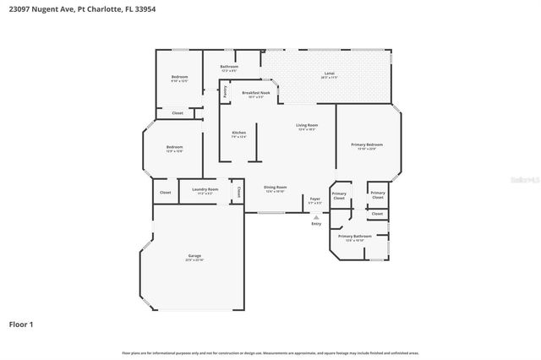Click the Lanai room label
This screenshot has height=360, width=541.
tap(328, 74)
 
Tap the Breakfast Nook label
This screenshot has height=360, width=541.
tap(255, 93)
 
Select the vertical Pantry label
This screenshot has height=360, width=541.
tap(225, 95)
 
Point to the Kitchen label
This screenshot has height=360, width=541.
tap(239, 133)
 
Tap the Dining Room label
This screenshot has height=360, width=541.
tap(276, 188)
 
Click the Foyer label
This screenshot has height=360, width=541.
tap(314, 199)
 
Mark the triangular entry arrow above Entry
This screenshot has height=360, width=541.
tap(316, 217)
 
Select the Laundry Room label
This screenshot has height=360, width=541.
tap(205, 190)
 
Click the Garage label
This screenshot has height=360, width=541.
tap(194, 255)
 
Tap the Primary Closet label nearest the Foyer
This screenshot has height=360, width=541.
tap(339, 195)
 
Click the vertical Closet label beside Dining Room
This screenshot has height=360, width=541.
tap(239, 192)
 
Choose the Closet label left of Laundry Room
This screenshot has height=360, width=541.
tap(165, 193)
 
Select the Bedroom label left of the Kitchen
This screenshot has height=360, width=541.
tap(174, 147)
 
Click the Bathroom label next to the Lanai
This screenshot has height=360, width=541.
tap(229, 67)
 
